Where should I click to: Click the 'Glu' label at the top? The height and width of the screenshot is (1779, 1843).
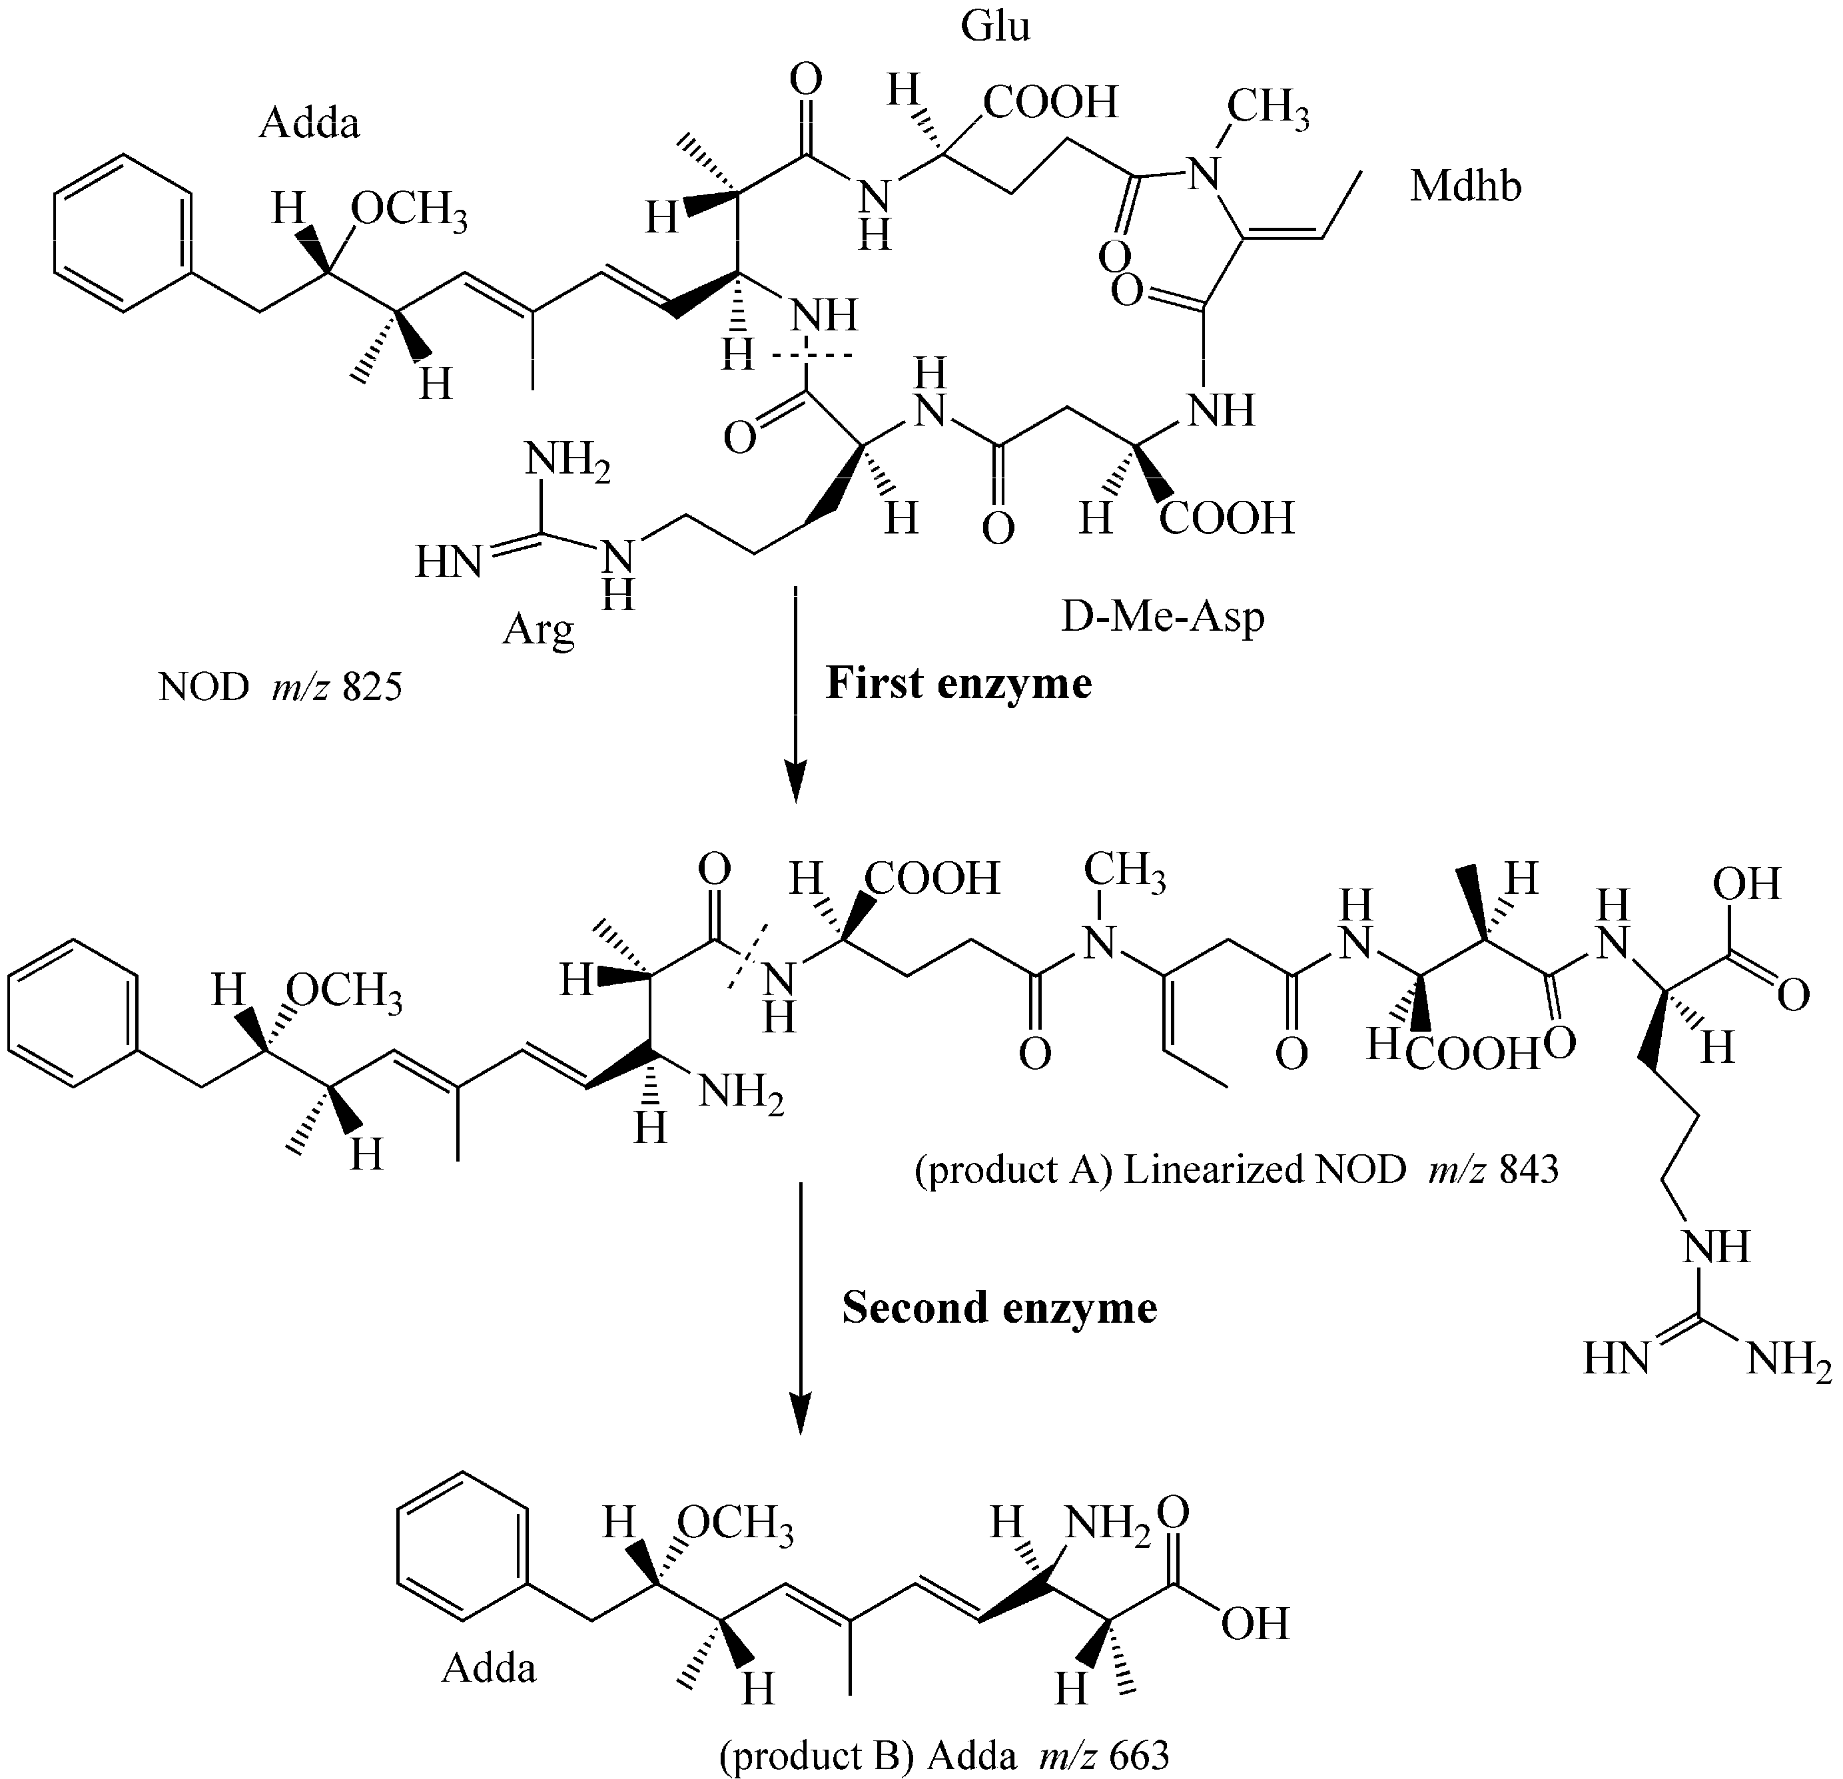click(x=995, y=27)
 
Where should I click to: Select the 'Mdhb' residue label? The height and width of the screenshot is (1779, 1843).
click(x=1465, y=187)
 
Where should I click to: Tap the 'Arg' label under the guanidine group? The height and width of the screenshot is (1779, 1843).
click(x=538, y=628)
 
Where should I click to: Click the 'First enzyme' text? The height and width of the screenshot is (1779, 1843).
click(x=958, y=683)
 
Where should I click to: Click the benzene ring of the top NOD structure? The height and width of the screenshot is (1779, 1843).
click(x=123, y=232)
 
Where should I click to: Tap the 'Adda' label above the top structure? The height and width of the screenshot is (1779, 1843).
click(x=308, y=123)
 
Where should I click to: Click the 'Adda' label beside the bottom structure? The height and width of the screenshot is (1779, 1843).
click(x=489, y=1667)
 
